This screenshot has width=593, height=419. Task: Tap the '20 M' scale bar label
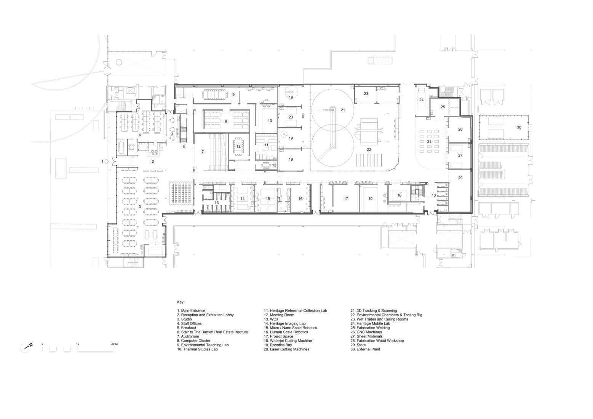[114, 344]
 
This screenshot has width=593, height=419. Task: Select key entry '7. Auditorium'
[188, 336]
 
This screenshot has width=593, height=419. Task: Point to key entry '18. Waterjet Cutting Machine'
[288, 341]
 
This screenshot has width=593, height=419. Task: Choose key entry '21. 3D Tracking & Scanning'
[373, 311]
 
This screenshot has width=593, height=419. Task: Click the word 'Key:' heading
[181, 302]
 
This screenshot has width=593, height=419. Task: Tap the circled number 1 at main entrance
[102, 162]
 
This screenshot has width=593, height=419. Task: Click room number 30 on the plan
[519, 127]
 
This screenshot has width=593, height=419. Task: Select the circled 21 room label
[343, 110]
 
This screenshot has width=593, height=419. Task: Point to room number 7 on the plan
[203, 152]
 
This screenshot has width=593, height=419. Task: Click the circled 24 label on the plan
[421, 100]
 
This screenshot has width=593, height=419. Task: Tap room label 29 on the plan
[460, 178]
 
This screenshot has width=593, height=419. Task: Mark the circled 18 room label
[399, 195]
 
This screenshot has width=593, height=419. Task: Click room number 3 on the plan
[140, 207]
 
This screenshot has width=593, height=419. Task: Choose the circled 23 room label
[366, 94]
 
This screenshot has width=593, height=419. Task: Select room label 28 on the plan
[429, 142]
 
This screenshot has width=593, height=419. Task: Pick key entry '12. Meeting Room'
[279, 315]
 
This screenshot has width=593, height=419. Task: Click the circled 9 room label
[233, 94]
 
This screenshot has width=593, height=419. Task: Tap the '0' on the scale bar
[42, 344]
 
